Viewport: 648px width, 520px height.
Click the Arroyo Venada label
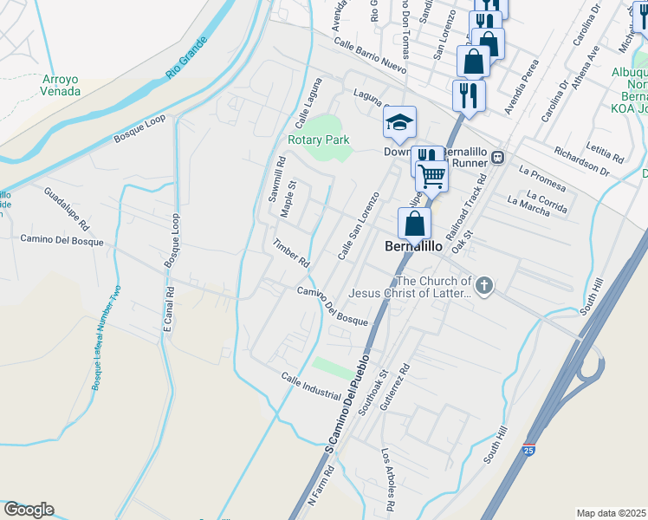tap(61, 85)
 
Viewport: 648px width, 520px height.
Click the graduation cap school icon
tap(399, 122)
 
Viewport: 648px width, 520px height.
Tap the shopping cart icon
tap(431, 177)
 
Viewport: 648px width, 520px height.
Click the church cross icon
tap(484, 286)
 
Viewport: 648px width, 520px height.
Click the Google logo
tap(29, 510)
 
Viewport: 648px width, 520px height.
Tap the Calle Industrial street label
tap(310, 386)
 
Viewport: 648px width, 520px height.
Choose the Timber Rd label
tap(291, 252)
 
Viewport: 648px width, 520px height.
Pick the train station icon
tap(498, 157)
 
